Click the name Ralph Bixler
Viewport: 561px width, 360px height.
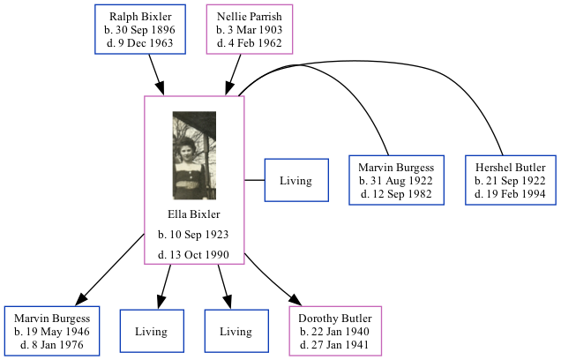pos(141,17)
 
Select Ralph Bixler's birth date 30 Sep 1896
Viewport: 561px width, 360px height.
pos(141,30)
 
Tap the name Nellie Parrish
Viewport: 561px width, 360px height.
pos(250,17)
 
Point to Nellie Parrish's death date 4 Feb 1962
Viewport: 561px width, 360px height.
pos(250,43)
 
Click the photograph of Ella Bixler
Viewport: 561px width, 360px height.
pos(194,156)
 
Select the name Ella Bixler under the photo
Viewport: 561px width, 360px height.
pos(194,214)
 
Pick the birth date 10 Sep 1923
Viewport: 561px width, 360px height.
pos(194,235)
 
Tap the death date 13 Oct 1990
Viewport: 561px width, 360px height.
pos(194,255)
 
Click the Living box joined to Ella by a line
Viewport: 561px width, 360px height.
pos(296,181)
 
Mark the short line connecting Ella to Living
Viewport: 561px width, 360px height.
pos(255,181)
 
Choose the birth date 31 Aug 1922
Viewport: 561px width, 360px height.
pos(396,181)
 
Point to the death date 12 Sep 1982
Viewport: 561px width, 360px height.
pos(396,194)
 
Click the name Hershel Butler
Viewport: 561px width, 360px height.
pos(511,168)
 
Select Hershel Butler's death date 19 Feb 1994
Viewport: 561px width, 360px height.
pos(511,194)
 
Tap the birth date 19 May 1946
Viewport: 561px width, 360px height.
pos(52,332)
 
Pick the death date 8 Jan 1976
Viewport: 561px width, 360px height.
pos(52,345)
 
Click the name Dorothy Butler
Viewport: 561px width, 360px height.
pos(335,319)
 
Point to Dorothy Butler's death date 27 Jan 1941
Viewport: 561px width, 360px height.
pos(335,345)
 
